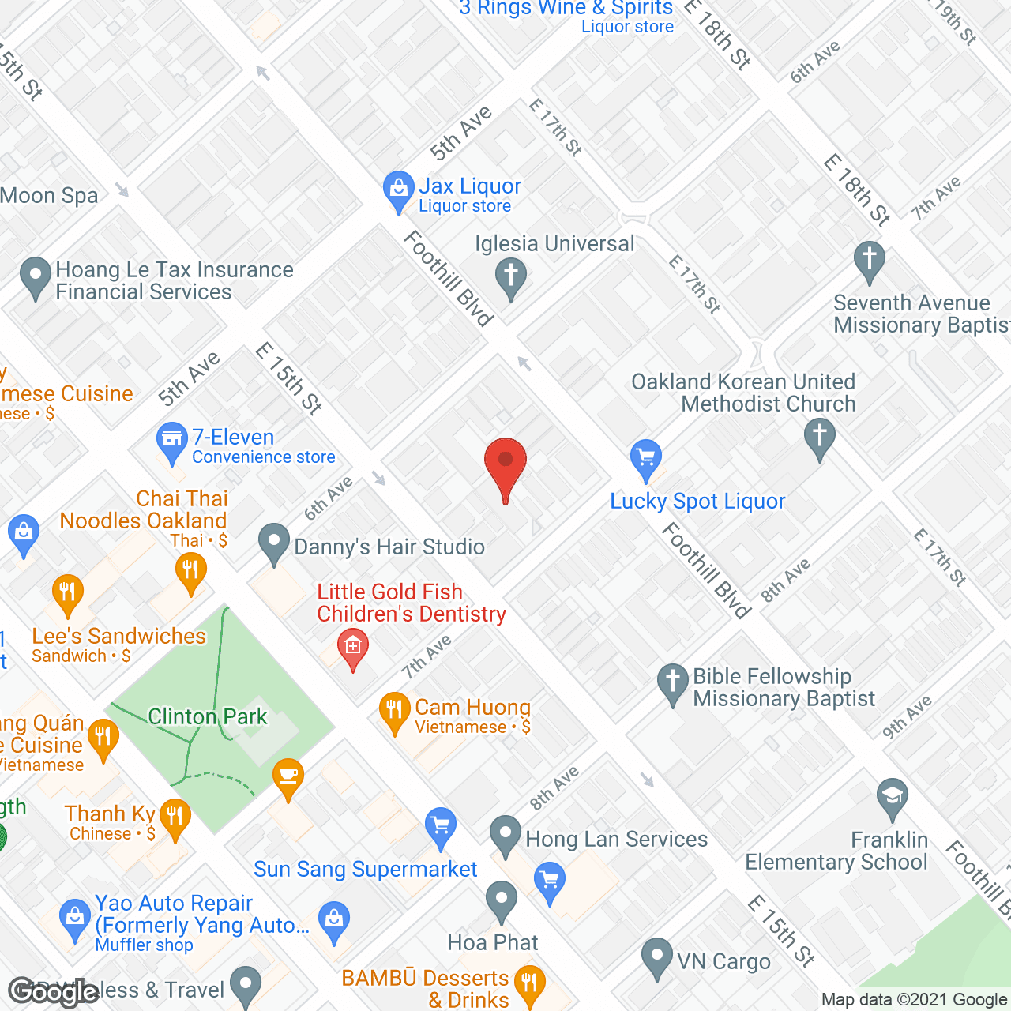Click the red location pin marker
pos(505,462)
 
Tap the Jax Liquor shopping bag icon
pos(399,189)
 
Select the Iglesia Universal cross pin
pos(511,276)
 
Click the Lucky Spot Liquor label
pos(697,502)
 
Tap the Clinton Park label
pos(208,716)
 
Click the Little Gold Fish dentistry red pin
pos(353,647)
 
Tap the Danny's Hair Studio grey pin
pos(274,542)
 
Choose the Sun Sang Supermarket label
pos(365,870)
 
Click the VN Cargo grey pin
pos(657,955)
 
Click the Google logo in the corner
pos(53,991)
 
